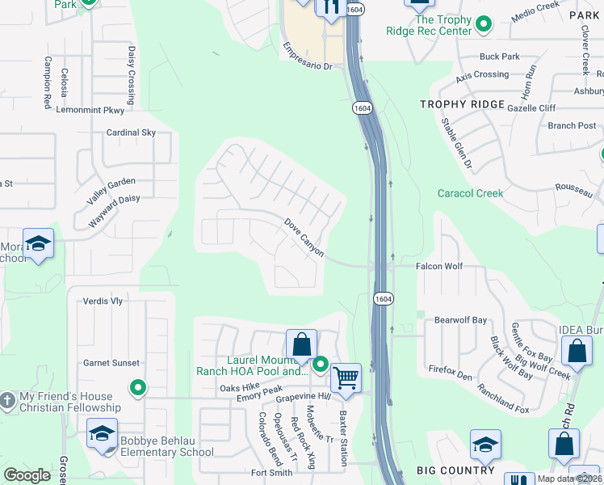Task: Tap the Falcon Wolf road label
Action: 438,266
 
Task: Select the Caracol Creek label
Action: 470,193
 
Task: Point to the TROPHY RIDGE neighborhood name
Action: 462,105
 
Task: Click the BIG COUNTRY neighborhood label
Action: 455,470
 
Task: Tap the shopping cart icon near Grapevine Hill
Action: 346,376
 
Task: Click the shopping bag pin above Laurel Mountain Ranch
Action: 301,344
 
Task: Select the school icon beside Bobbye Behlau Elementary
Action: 103,432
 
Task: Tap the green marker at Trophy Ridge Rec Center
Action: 484,25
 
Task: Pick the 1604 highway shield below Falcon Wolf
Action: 384,298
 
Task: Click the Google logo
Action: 27,475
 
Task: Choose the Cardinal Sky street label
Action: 131,133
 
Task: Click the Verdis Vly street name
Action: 103,302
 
